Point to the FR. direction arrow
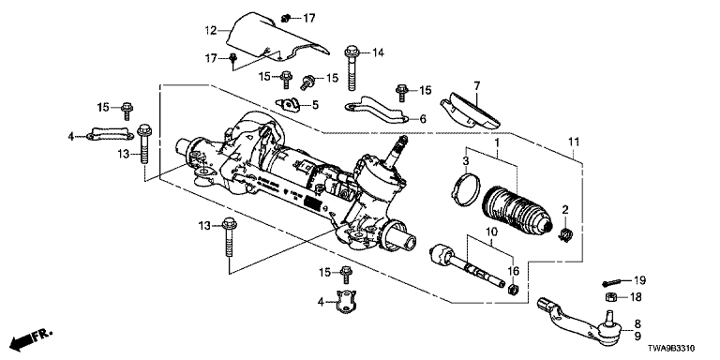coord(31,337)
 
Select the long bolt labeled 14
coord(352,67)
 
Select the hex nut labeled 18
coord(610,296)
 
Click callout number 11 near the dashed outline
coord(574,142)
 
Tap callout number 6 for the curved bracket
coord(423,119)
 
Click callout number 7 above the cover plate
coord(476,85)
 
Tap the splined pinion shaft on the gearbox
coord(397,151)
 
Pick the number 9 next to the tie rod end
coord(637,337)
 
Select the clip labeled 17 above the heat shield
coord(285,19)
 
